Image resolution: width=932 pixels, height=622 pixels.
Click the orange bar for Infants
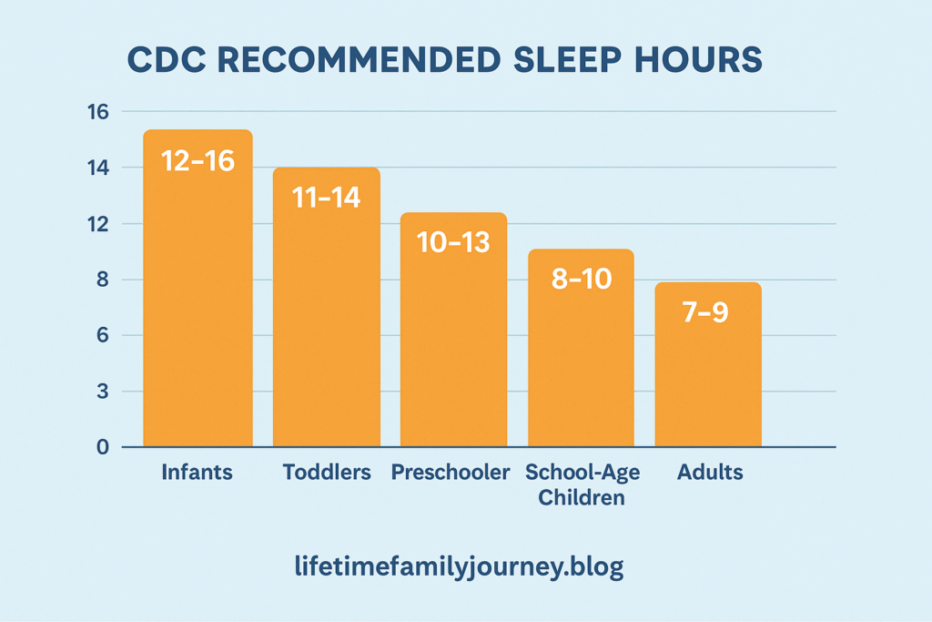(x=198, y=289)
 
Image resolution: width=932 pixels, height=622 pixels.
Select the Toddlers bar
(x=327, y=308)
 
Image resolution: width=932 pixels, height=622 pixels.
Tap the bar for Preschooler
(x=453, y=330)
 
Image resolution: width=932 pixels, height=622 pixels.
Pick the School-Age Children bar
(x=582, y=348)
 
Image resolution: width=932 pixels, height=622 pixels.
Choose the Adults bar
(x=708, y=364)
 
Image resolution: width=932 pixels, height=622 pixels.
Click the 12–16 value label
(x=198, y=161)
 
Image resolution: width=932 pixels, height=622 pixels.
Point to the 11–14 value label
(x=327, y=198)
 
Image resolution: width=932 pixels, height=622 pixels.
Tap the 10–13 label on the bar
(x=453, y=242)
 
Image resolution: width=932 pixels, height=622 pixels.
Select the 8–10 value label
(x=582, y=279)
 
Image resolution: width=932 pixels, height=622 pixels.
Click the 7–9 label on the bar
(x=705, y=311)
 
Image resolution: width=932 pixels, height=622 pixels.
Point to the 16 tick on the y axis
(x=98, y=112)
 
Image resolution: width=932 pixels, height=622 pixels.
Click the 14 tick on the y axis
(x=98, y=168)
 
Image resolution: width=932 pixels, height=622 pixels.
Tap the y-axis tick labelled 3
(x=103, y=392)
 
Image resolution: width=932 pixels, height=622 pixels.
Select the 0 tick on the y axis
(x=103, y=447)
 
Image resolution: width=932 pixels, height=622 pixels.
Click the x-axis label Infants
(x=198, y=472)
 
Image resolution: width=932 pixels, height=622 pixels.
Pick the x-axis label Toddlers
(x=327, y=472)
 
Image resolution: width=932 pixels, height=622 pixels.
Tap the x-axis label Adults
(x=710, y=472)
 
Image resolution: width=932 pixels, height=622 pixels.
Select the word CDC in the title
(x=167, y=59)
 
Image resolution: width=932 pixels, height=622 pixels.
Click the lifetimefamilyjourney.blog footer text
(x=459, y=566)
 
